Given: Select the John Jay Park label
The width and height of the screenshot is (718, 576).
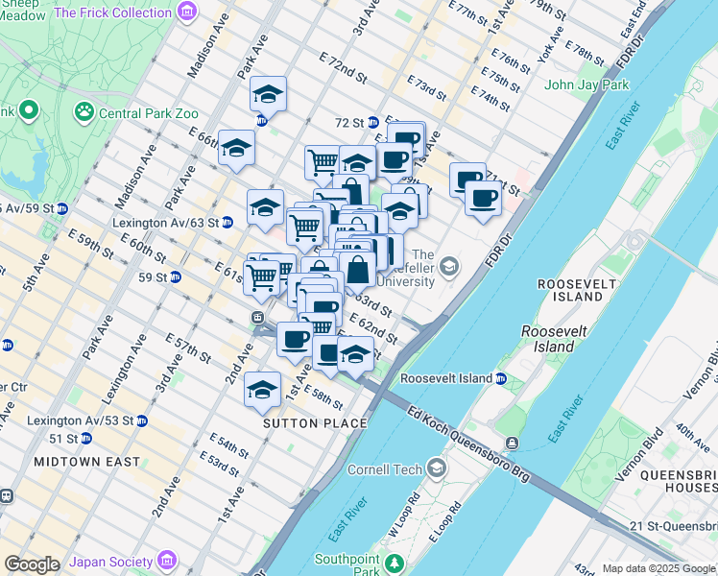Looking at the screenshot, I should pyautogui.click(x=586, y=84).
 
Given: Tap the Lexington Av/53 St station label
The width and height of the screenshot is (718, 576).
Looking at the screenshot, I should pyautogui.click(x=81, y=420).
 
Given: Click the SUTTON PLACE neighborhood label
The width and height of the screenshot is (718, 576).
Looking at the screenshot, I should pyautogui.click(x=316, y=423).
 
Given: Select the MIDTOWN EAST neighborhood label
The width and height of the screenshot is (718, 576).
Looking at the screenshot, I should pyautogui.click(x=75, y=462).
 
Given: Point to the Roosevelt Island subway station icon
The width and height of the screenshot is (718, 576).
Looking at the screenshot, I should pyautogui.click(x=500, y=379).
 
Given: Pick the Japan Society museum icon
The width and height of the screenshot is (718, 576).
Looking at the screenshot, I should pyautogui.click(x=167, y=560).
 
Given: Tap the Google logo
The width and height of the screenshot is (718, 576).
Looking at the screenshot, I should pyautogui.click(x=32, y=564).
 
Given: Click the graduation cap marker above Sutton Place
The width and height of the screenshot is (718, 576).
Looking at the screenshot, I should pyautogui.click(x=261, y=389).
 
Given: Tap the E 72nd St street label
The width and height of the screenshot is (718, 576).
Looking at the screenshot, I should pyautogui.click(x=344, y=67).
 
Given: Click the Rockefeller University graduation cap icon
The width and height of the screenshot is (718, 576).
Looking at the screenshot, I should pyautogui.click(x=449, y=265).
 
